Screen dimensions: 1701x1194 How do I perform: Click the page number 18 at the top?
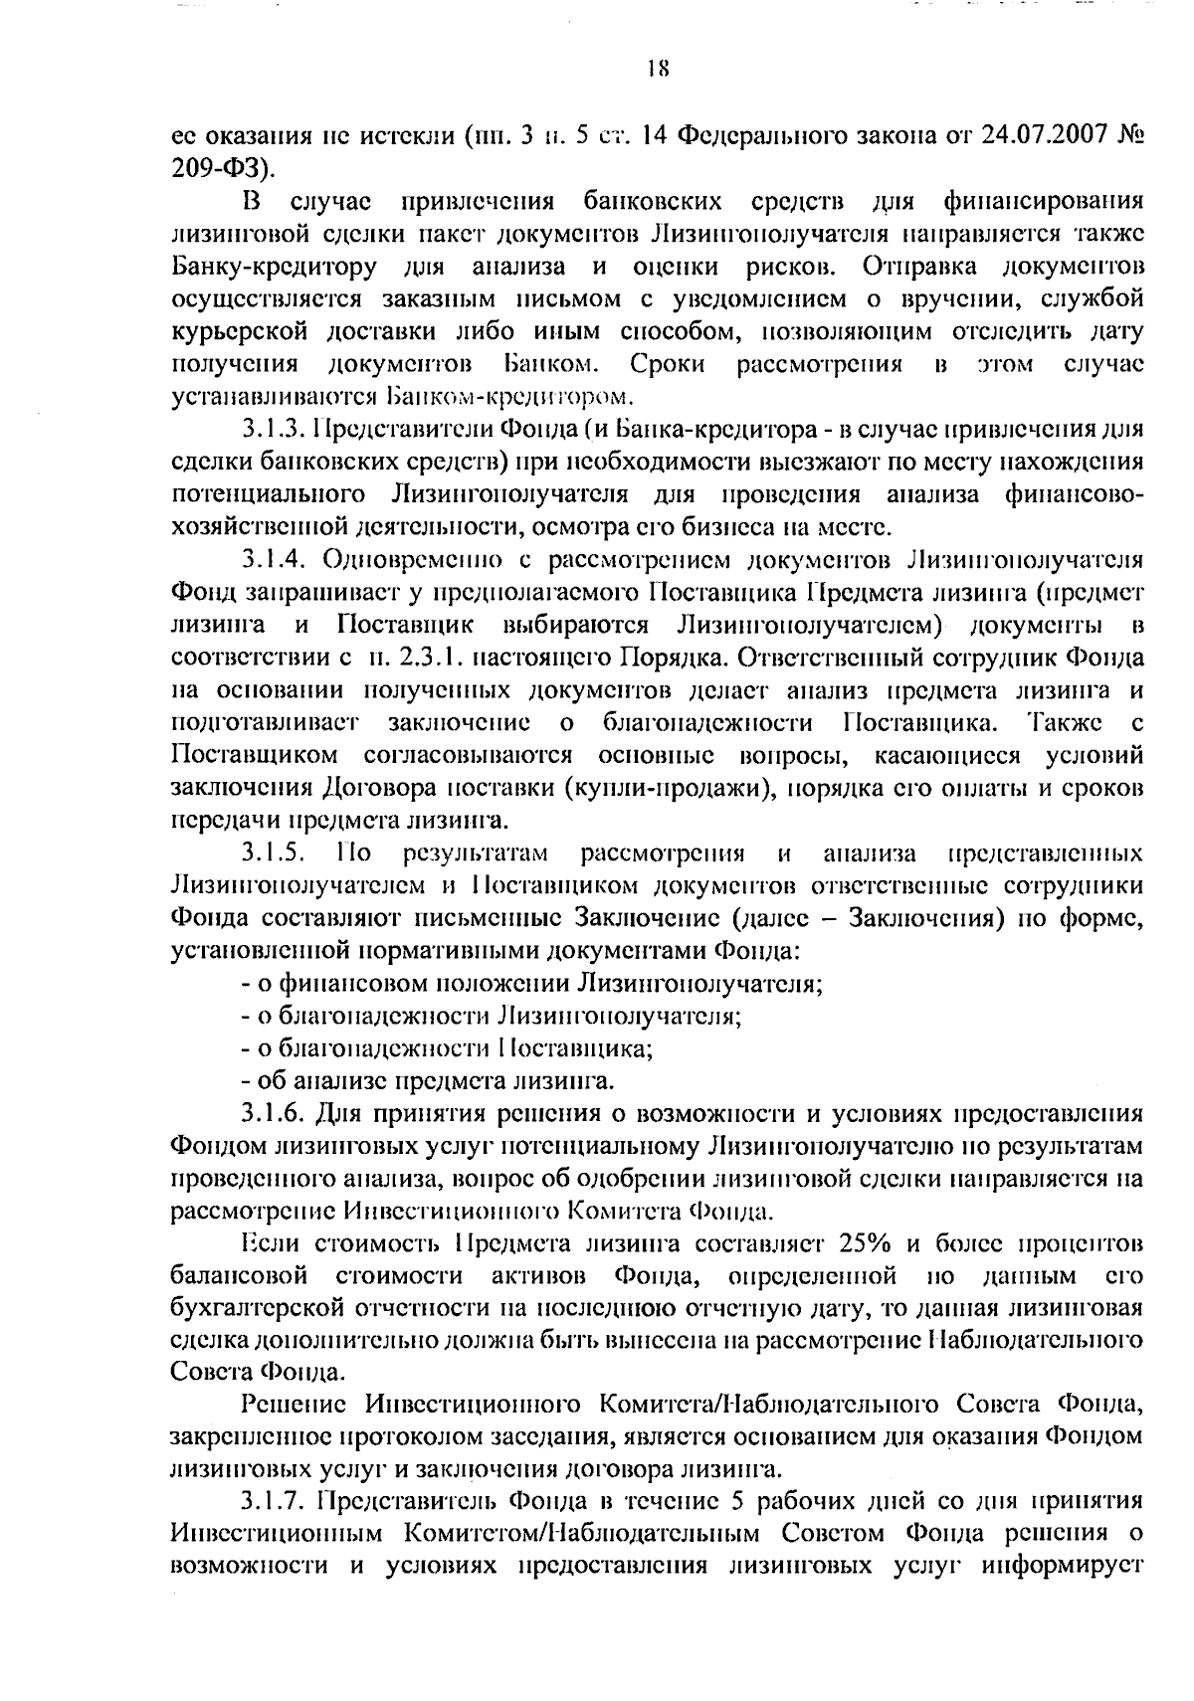point(657,70)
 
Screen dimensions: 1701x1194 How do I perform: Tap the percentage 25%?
point(865,1243)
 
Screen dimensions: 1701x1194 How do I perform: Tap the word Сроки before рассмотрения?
point(669,364)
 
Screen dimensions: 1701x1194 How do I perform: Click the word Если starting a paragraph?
point(271,1243)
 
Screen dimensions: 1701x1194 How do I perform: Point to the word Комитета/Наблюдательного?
point(768,1405)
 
